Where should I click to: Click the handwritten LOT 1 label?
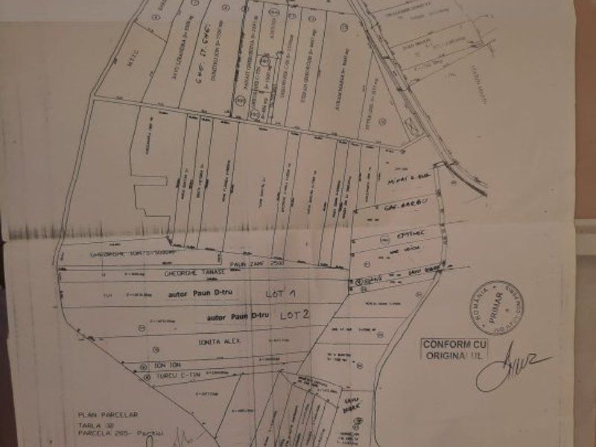(x=282, y=294)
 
